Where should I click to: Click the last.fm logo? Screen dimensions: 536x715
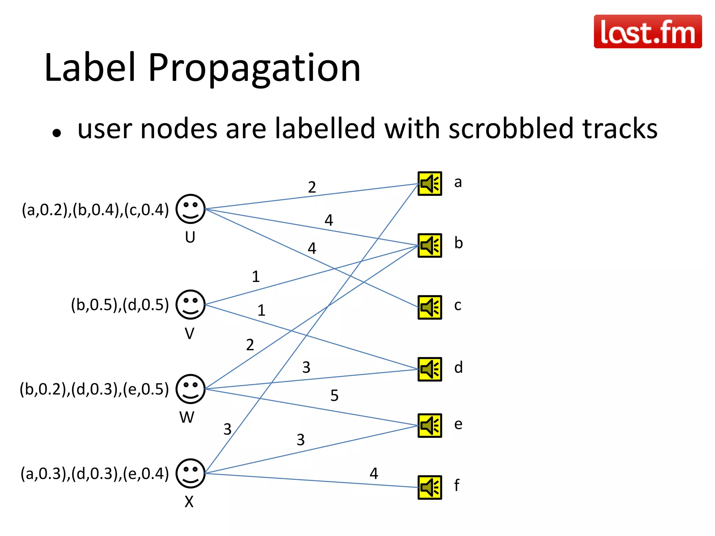[x=648, y=31]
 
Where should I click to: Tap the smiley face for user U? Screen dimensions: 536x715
[x=190, y=209]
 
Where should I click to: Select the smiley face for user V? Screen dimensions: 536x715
[x=190, y=304]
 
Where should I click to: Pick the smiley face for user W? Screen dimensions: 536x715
[x=190, y=389]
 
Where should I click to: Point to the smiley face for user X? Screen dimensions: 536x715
[x=190, y=473]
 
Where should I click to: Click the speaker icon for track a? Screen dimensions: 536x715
[x=430, y=184]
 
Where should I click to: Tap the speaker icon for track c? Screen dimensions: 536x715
[x=430, y=307]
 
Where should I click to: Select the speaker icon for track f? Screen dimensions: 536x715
[x=430, y=487]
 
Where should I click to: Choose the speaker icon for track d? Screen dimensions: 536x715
[x=430, y=369]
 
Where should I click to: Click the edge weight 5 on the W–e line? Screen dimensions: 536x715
[x=334, y=395]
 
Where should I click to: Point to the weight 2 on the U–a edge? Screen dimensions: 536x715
[x=312, y=187]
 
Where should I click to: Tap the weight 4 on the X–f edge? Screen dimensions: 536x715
[x=374, y=474]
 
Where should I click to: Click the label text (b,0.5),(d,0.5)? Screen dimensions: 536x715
[x=120, y=305]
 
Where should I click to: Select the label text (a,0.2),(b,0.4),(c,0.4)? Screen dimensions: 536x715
[x=95, y=210]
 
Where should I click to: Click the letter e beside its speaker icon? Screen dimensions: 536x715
[x=458, y=424]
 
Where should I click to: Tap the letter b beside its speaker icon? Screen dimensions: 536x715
[x=458, y=243]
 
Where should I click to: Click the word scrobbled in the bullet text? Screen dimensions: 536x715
[x=511, y=128]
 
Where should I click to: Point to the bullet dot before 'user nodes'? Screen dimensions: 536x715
[x=57, y=133]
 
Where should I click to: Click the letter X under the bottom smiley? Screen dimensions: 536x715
[x=189, y=502]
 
